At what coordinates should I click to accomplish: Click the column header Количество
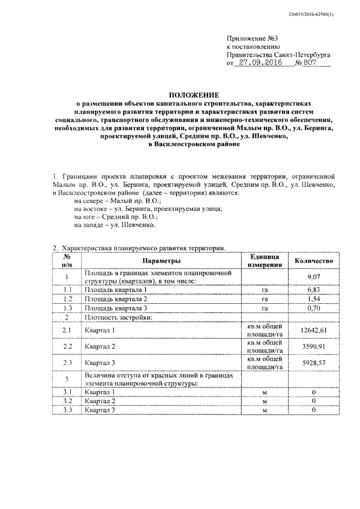(314, 261)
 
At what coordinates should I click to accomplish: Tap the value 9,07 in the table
(313, 277)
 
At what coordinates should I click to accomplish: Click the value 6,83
(313, 289)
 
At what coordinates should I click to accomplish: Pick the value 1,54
(313, 299)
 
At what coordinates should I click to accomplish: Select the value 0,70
(313, 308)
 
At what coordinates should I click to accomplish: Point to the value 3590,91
(313, 346)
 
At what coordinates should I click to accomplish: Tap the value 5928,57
(313, 364)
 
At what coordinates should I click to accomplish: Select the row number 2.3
(67, 364)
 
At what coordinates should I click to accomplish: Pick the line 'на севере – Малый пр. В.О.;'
(118, 201)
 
